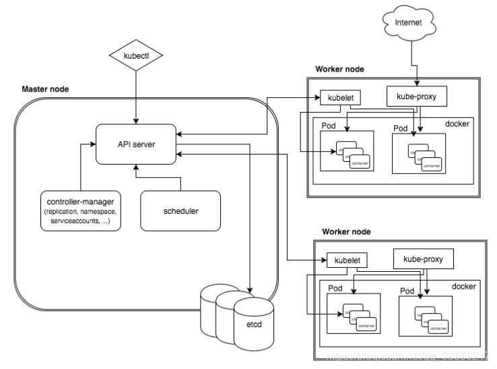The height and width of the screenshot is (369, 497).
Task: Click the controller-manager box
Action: [x=80, y=211]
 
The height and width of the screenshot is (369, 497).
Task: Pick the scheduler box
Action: [x=180, y=211]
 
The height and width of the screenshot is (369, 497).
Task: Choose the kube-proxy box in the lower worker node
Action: [x=423, y=258]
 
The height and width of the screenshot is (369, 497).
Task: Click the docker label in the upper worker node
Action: [x=457, y=123]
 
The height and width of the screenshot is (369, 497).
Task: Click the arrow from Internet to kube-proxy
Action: [x=417, y=67]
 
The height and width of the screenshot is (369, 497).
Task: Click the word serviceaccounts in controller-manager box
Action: [x=70, y=221]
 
